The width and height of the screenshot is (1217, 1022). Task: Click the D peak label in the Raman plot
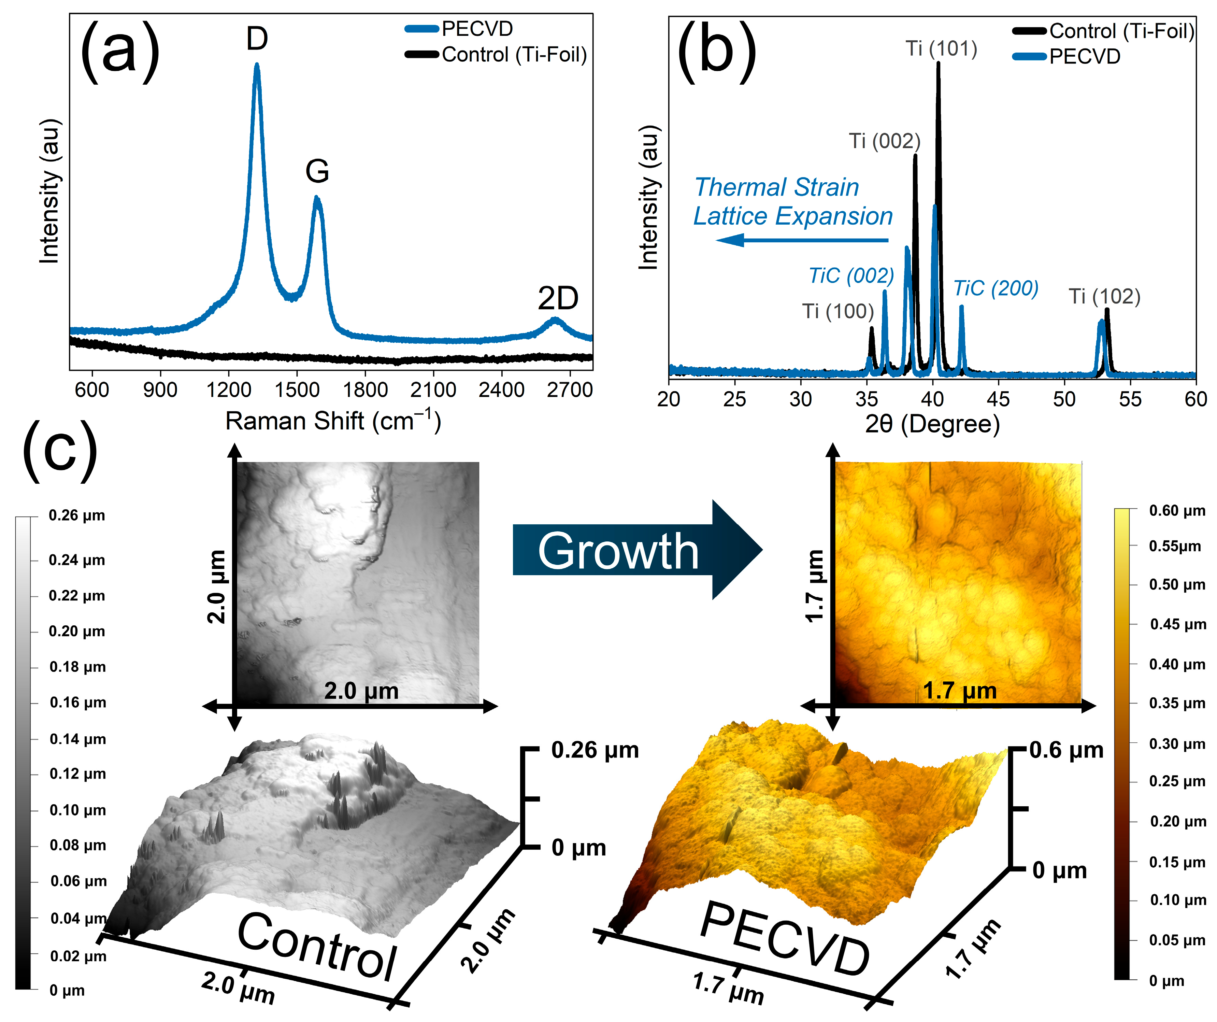[x=257, y=39]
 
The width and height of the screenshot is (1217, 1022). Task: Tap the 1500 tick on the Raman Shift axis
[x=297, y=389]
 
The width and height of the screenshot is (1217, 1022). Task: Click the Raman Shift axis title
[x=333, y=420]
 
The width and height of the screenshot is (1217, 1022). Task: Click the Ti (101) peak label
[x=941, y=48]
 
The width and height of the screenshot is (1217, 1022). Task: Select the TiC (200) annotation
[x=996, y=288]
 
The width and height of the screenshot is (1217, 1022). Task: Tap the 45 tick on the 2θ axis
[x=998, y=399]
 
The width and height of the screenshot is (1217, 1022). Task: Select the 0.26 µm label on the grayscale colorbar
[x=77, y=515]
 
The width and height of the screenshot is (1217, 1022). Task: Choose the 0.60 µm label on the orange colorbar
[x=1177, y=511]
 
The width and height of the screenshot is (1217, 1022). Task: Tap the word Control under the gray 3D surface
[x=317, y=946]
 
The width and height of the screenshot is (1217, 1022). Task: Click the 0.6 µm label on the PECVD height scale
[x=1066, y=750]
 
